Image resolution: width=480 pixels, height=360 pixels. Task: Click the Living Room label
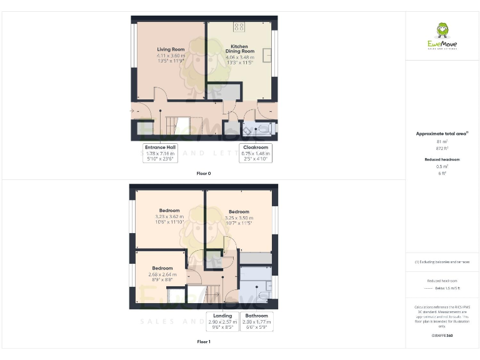(x=171, y=49)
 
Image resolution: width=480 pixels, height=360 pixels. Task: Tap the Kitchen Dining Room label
(x=239, y=49)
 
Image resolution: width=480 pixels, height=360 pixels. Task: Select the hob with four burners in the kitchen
(x=239, y=27)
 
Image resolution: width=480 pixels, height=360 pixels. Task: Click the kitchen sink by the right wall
(x=267, y=56)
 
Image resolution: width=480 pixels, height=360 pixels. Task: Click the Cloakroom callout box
(x=256, y=152)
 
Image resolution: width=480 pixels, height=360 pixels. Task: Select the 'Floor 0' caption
(x=204, y=173)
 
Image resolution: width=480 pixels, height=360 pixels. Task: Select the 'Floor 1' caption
(x=204, y=342)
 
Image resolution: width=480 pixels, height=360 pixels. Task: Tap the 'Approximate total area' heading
(x=442, y=133)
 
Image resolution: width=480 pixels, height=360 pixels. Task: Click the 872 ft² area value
(x=442, y=148)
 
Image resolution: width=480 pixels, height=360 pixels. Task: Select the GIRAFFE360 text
(x=442, y=336)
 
